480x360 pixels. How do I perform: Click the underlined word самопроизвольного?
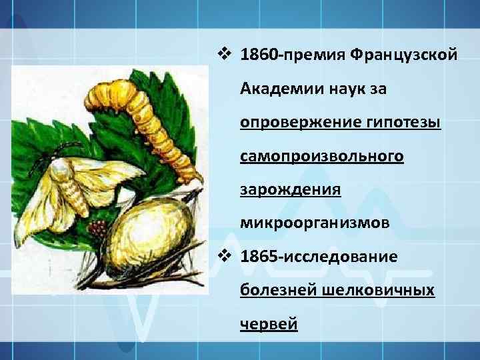[322, 156]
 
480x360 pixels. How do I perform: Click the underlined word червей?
[269, 325]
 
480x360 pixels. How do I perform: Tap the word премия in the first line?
[313, 53]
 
